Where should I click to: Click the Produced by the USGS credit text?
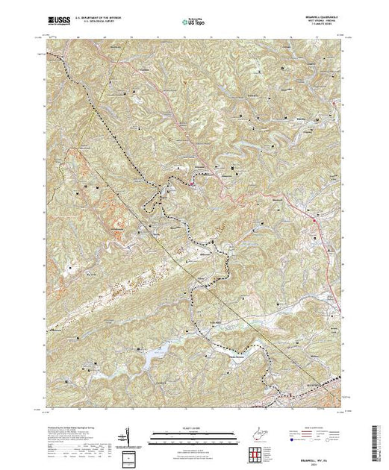click(x=75, y=422)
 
